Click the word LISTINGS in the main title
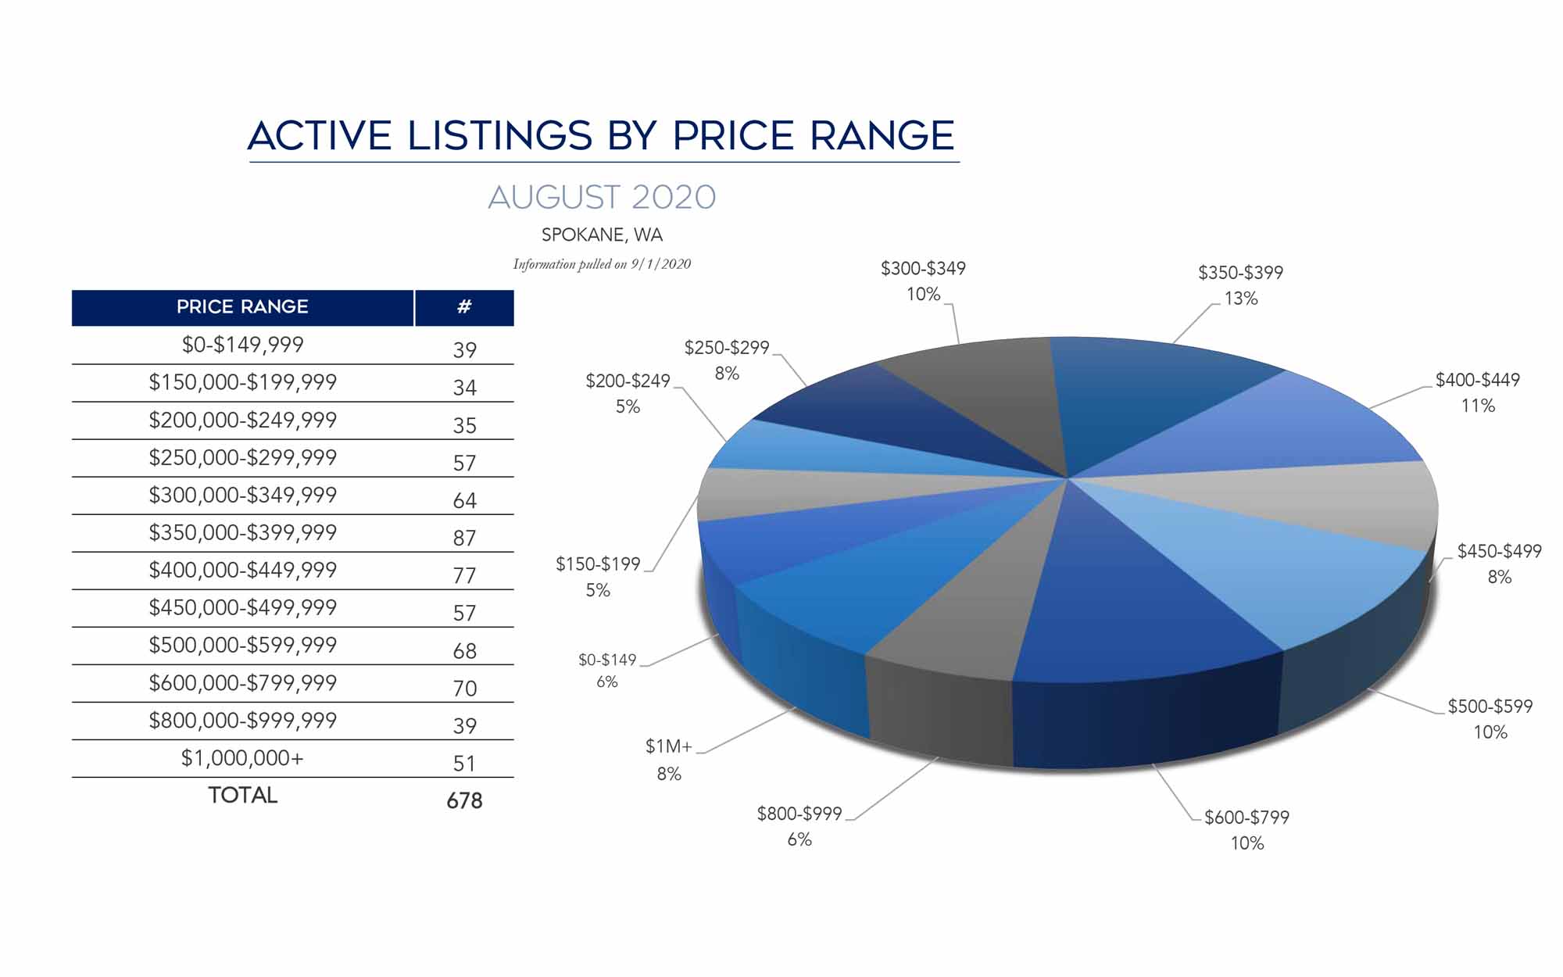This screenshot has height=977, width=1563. (x=500, y=136)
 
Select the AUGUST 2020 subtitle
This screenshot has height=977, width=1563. (x=602, y=197)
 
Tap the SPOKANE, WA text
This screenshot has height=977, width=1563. (x=602, y=234)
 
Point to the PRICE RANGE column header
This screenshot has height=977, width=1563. (x=242, y=307)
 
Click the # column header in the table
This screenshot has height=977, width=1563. (x=464, y=307)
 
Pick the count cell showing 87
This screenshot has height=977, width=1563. (x=464, y=538)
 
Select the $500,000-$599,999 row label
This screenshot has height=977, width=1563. (x=242, y=646)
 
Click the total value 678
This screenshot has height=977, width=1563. (x=464, y=800)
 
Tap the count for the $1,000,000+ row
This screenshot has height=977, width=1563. (x=464, y=763)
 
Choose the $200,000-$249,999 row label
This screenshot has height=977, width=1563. (x=242, y=421)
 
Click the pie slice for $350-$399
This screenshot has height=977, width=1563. (x=1133, y=399)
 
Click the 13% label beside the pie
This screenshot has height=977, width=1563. (x=1241, y=299)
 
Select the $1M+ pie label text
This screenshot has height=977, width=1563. (x=668, y=747)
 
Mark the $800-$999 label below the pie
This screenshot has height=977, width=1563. (x=799, y=814)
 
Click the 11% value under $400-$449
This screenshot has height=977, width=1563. (x=1478, y=406)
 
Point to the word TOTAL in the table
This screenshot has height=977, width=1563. (x=242, y=796)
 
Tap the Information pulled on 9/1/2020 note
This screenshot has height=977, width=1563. (x=602, y=264)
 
